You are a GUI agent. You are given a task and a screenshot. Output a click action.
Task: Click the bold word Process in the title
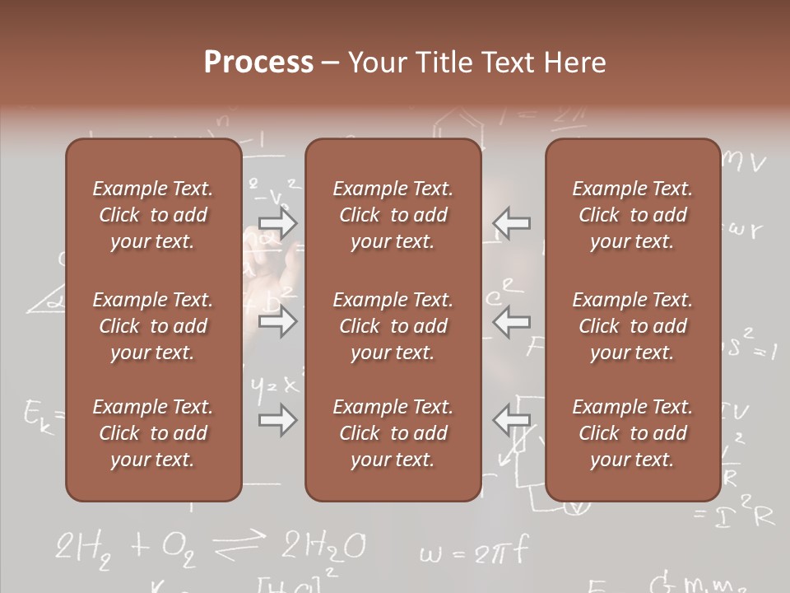258,63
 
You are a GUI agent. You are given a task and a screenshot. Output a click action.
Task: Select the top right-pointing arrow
277,222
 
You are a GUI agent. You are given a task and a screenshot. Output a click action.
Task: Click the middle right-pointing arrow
277,322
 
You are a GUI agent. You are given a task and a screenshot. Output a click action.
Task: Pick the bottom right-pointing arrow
277,421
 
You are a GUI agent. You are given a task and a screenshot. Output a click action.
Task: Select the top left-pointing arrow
512,222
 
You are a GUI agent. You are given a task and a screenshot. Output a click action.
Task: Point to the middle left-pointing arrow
512,322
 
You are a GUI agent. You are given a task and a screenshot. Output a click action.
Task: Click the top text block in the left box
153,215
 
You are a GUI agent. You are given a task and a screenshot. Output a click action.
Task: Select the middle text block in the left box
153,326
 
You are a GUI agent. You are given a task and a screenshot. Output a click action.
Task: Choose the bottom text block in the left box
153,433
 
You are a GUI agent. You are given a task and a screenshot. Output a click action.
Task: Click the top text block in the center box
393,215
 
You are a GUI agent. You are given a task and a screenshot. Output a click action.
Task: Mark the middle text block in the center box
393,326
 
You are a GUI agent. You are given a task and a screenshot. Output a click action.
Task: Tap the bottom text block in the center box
393,433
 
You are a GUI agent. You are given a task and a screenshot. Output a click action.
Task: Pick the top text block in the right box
632,215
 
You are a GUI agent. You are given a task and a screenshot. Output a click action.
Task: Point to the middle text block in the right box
632,326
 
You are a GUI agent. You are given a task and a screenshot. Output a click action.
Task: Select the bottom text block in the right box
632,433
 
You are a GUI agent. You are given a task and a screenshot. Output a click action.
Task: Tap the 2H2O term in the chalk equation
323,547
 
